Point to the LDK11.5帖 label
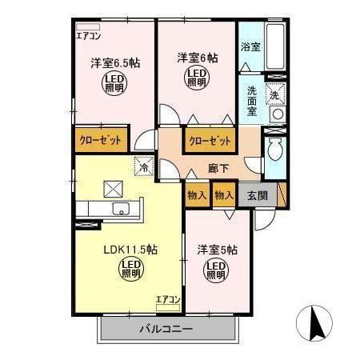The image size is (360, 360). click(x=130, y=250)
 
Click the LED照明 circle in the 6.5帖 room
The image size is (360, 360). click(x=113, y=83)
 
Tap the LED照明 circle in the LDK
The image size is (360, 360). click(x=130, y=270)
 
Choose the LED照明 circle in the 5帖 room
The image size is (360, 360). click(x=215, y=271)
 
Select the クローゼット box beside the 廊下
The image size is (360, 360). click(x=210, y=141)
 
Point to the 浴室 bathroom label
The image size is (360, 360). click(x=250, y=46)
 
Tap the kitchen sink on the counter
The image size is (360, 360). click(x=122, y=210)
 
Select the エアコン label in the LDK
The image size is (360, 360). click(x=168, y=299)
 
